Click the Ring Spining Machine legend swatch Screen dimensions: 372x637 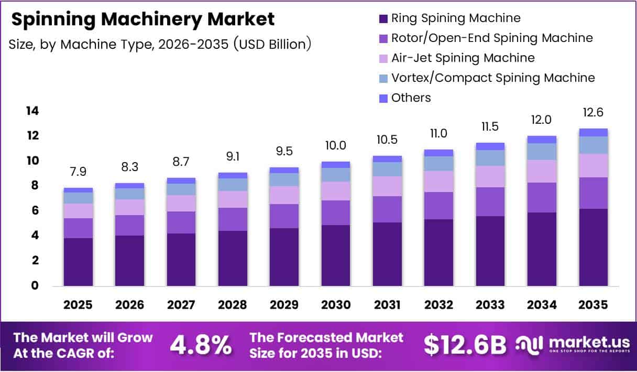[382, 18]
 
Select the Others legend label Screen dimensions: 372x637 [411, 98]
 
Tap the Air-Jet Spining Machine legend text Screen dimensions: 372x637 [463, 58]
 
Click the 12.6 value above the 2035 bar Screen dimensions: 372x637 [593, 113]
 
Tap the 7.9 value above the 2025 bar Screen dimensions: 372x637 [78, 172]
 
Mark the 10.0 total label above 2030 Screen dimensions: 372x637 [336, 145]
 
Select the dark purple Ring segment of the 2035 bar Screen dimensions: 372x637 [593, 247]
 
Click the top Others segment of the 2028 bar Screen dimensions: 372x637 [233, 175]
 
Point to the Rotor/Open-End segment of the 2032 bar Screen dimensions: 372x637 [438, 206]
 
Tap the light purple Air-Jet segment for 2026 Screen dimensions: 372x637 [129, 207]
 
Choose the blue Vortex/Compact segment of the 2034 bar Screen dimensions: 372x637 [542, 152]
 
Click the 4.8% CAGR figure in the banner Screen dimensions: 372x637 [201, 345]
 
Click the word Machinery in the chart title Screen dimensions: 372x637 [156, 19]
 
